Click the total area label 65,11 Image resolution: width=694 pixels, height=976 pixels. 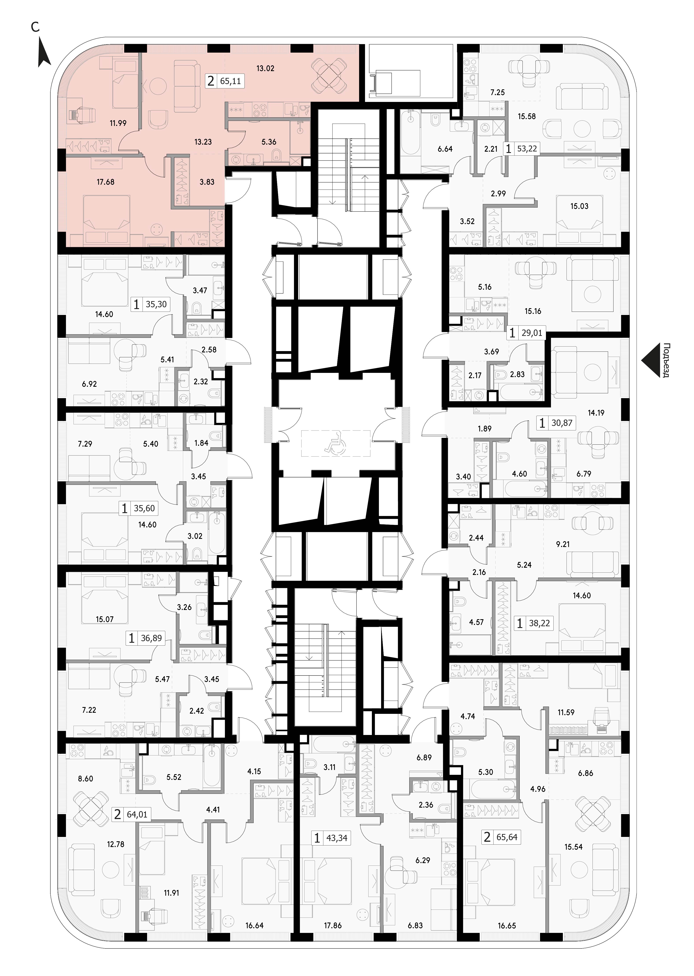(x=231, y=81)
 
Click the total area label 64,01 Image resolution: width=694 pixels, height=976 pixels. (x=137, y=815)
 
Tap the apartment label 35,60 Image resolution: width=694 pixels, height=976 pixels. (x=144, y=509)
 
